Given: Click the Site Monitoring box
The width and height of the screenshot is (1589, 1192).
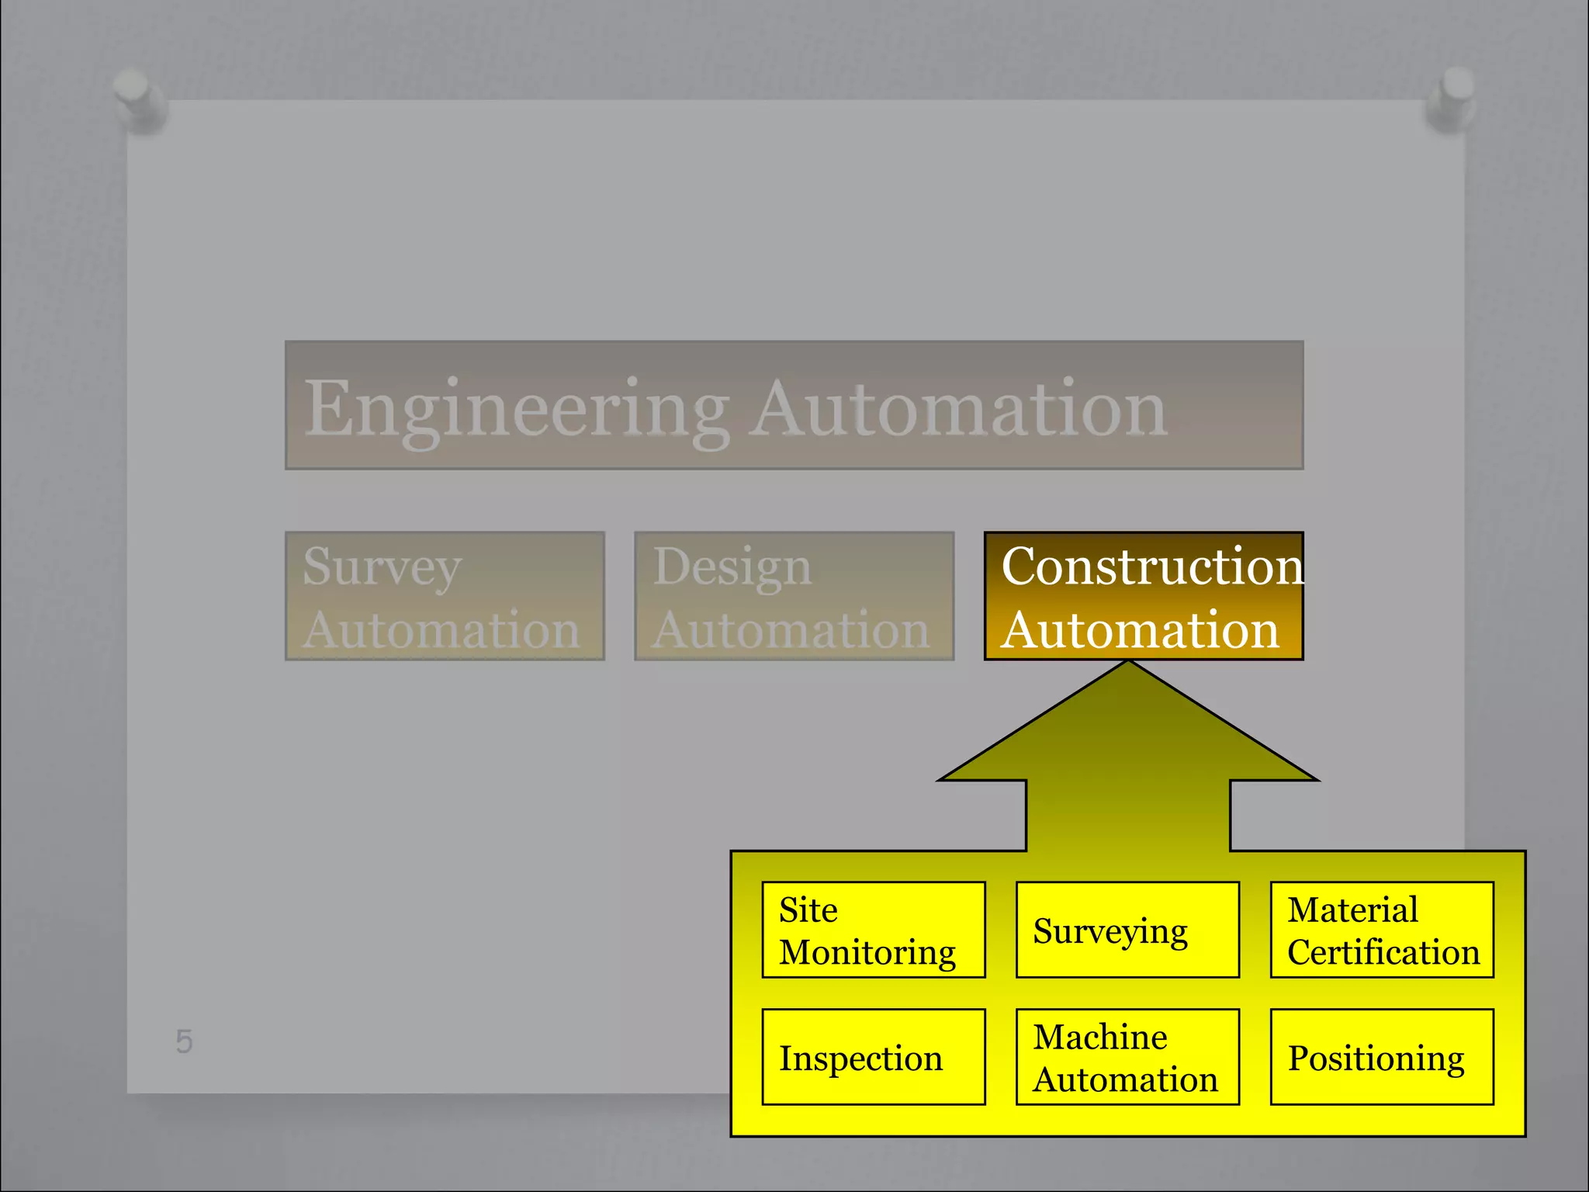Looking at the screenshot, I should click(x=873, y=930).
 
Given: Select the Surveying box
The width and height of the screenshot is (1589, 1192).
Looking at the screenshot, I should click(x=1127, y=930).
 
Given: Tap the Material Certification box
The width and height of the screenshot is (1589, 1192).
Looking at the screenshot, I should click(x=1382, y=930).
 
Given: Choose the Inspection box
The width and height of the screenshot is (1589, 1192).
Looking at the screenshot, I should click(x=873, y=1057).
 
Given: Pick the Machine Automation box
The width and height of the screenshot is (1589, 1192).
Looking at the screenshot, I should click(x=1127, y=1057).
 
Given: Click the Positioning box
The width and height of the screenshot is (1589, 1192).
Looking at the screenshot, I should click(x=1382, y=1057).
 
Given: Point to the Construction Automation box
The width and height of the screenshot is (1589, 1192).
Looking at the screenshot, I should click(x=1144, y=596).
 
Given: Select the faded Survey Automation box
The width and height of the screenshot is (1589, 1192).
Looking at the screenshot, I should click(x=445, y=596).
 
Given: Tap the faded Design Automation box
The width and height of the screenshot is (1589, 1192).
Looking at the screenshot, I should click(x=794, y=596).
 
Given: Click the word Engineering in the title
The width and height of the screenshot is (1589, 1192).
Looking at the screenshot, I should click(x=516, y=410).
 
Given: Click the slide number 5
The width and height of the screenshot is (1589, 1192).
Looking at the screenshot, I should click(x=184, y=1041).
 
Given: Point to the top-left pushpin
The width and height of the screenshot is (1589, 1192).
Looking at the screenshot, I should click(x=138, y=97).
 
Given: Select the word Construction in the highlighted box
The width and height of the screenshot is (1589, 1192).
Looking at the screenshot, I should click(x=1152, y=566).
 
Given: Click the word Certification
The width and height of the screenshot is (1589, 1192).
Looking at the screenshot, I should click(x=1383, y=952).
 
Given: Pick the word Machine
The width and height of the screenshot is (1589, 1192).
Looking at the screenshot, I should click(x=1100, y=1037).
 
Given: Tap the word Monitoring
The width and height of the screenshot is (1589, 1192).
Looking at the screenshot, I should click(x=867, y=953).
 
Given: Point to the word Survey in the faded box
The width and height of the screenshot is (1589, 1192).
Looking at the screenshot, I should click(x=383, y=567).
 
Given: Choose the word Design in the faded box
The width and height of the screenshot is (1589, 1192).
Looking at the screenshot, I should click(x=732, y=566).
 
